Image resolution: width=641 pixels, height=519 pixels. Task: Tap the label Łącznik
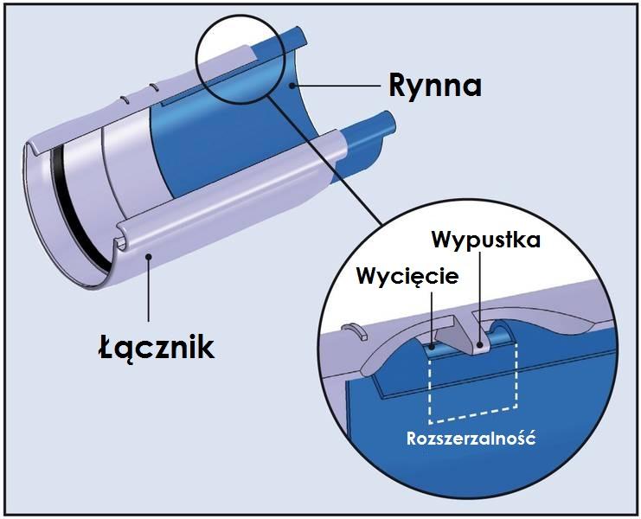coord(155,347)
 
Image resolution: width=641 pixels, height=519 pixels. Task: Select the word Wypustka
coord(486,239)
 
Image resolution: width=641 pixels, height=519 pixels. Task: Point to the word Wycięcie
coord(407,279)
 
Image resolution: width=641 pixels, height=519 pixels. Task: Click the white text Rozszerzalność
coord(471,438)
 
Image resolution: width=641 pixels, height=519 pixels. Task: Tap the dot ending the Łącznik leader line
coord(149,256)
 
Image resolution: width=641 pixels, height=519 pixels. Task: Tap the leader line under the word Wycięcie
coord(430,316)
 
